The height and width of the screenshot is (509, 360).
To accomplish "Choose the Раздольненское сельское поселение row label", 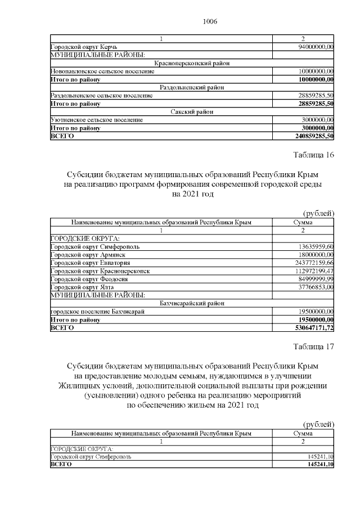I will tap(101, 96).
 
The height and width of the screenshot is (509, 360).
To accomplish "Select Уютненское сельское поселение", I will tap(96, 120).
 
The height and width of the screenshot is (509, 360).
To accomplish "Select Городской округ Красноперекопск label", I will tap(100, 271).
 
